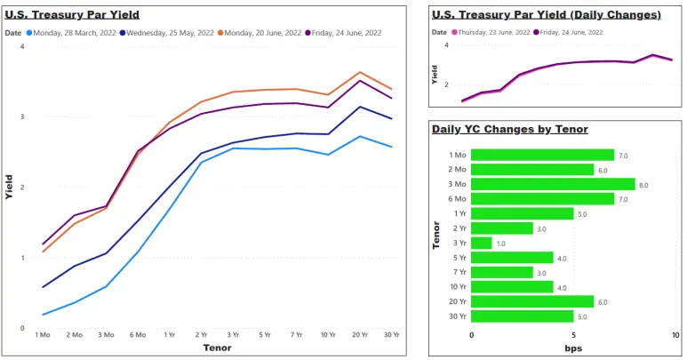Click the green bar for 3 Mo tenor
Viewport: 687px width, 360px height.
coord(553,184)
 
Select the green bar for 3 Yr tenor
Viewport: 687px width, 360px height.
coord(482,243)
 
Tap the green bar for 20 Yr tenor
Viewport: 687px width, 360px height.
coord(532,301)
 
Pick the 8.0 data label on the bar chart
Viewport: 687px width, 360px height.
coord(643,185)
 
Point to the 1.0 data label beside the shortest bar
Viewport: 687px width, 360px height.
coord(500,244)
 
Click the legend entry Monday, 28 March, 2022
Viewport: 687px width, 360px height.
coord(71,33)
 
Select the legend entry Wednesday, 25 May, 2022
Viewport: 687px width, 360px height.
coord(167,33)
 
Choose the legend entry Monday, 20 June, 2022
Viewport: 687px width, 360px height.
coord(260,33)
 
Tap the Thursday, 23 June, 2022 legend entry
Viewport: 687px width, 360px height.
coord(491,32)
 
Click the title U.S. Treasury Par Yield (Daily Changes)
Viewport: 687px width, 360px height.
coord(547,15)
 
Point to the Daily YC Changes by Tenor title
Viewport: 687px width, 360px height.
coord(510,129)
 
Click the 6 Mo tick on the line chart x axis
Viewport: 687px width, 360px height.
coord(138,335)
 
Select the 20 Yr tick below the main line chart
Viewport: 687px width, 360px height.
coord(360,335)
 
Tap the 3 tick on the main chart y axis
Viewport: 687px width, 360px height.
coord(22,117)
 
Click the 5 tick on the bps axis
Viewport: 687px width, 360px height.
coord(573,335)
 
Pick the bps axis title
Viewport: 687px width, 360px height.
coord(573,348)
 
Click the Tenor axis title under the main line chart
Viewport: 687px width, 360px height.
coord(218,348)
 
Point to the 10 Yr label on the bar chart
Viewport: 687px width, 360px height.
coord(459,287)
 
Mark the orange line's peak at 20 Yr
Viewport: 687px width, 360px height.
coord(360,72)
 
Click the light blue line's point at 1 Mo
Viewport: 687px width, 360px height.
coord(43,315)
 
